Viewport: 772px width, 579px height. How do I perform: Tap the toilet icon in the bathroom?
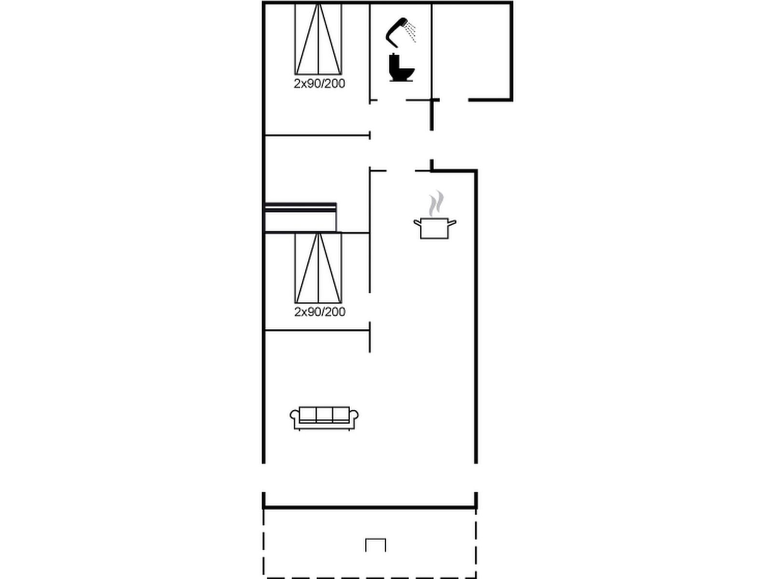[x=401, y=68]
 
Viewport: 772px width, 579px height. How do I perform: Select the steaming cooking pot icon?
[x=435, y=215]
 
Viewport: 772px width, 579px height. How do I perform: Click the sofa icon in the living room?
[x=324, y=418]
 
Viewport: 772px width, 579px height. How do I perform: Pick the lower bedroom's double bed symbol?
[x=318, y=268]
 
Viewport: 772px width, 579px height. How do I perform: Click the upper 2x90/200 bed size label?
[x=319, y=83]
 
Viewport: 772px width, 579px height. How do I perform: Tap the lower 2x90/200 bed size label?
[x=320, y=312]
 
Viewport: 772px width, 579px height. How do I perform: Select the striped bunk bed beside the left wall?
[x=301, y=217]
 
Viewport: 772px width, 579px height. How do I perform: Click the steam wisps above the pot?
[x=436, y=203]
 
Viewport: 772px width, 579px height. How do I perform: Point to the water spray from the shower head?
[x=411, y=32]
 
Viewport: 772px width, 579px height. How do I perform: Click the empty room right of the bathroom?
[x=471, y=52]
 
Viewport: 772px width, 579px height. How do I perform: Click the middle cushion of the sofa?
[x=324, y=414]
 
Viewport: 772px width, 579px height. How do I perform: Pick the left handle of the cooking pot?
[x=417, y=222]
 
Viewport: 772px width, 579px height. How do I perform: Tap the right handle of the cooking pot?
[x=452, y=222]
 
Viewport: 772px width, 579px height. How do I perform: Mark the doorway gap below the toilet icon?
[x=392, y=100]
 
